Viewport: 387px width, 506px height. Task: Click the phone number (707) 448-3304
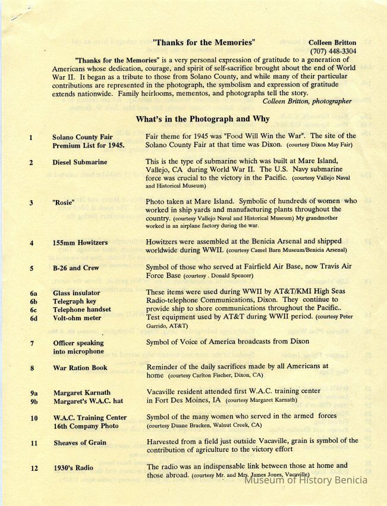tap(333, 51)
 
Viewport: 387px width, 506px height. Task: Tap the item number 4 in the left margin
tap(31, 243)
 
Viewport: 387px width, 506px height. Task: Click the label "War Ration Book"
tap(80, 368)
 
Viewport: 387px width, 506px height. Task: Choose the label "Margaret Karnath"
tap(81, 393)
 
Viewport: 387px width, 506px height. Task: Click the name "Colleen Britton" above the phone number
tap(332, 43)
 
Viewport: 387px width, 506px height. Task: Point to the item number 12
tap(32, 468)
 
